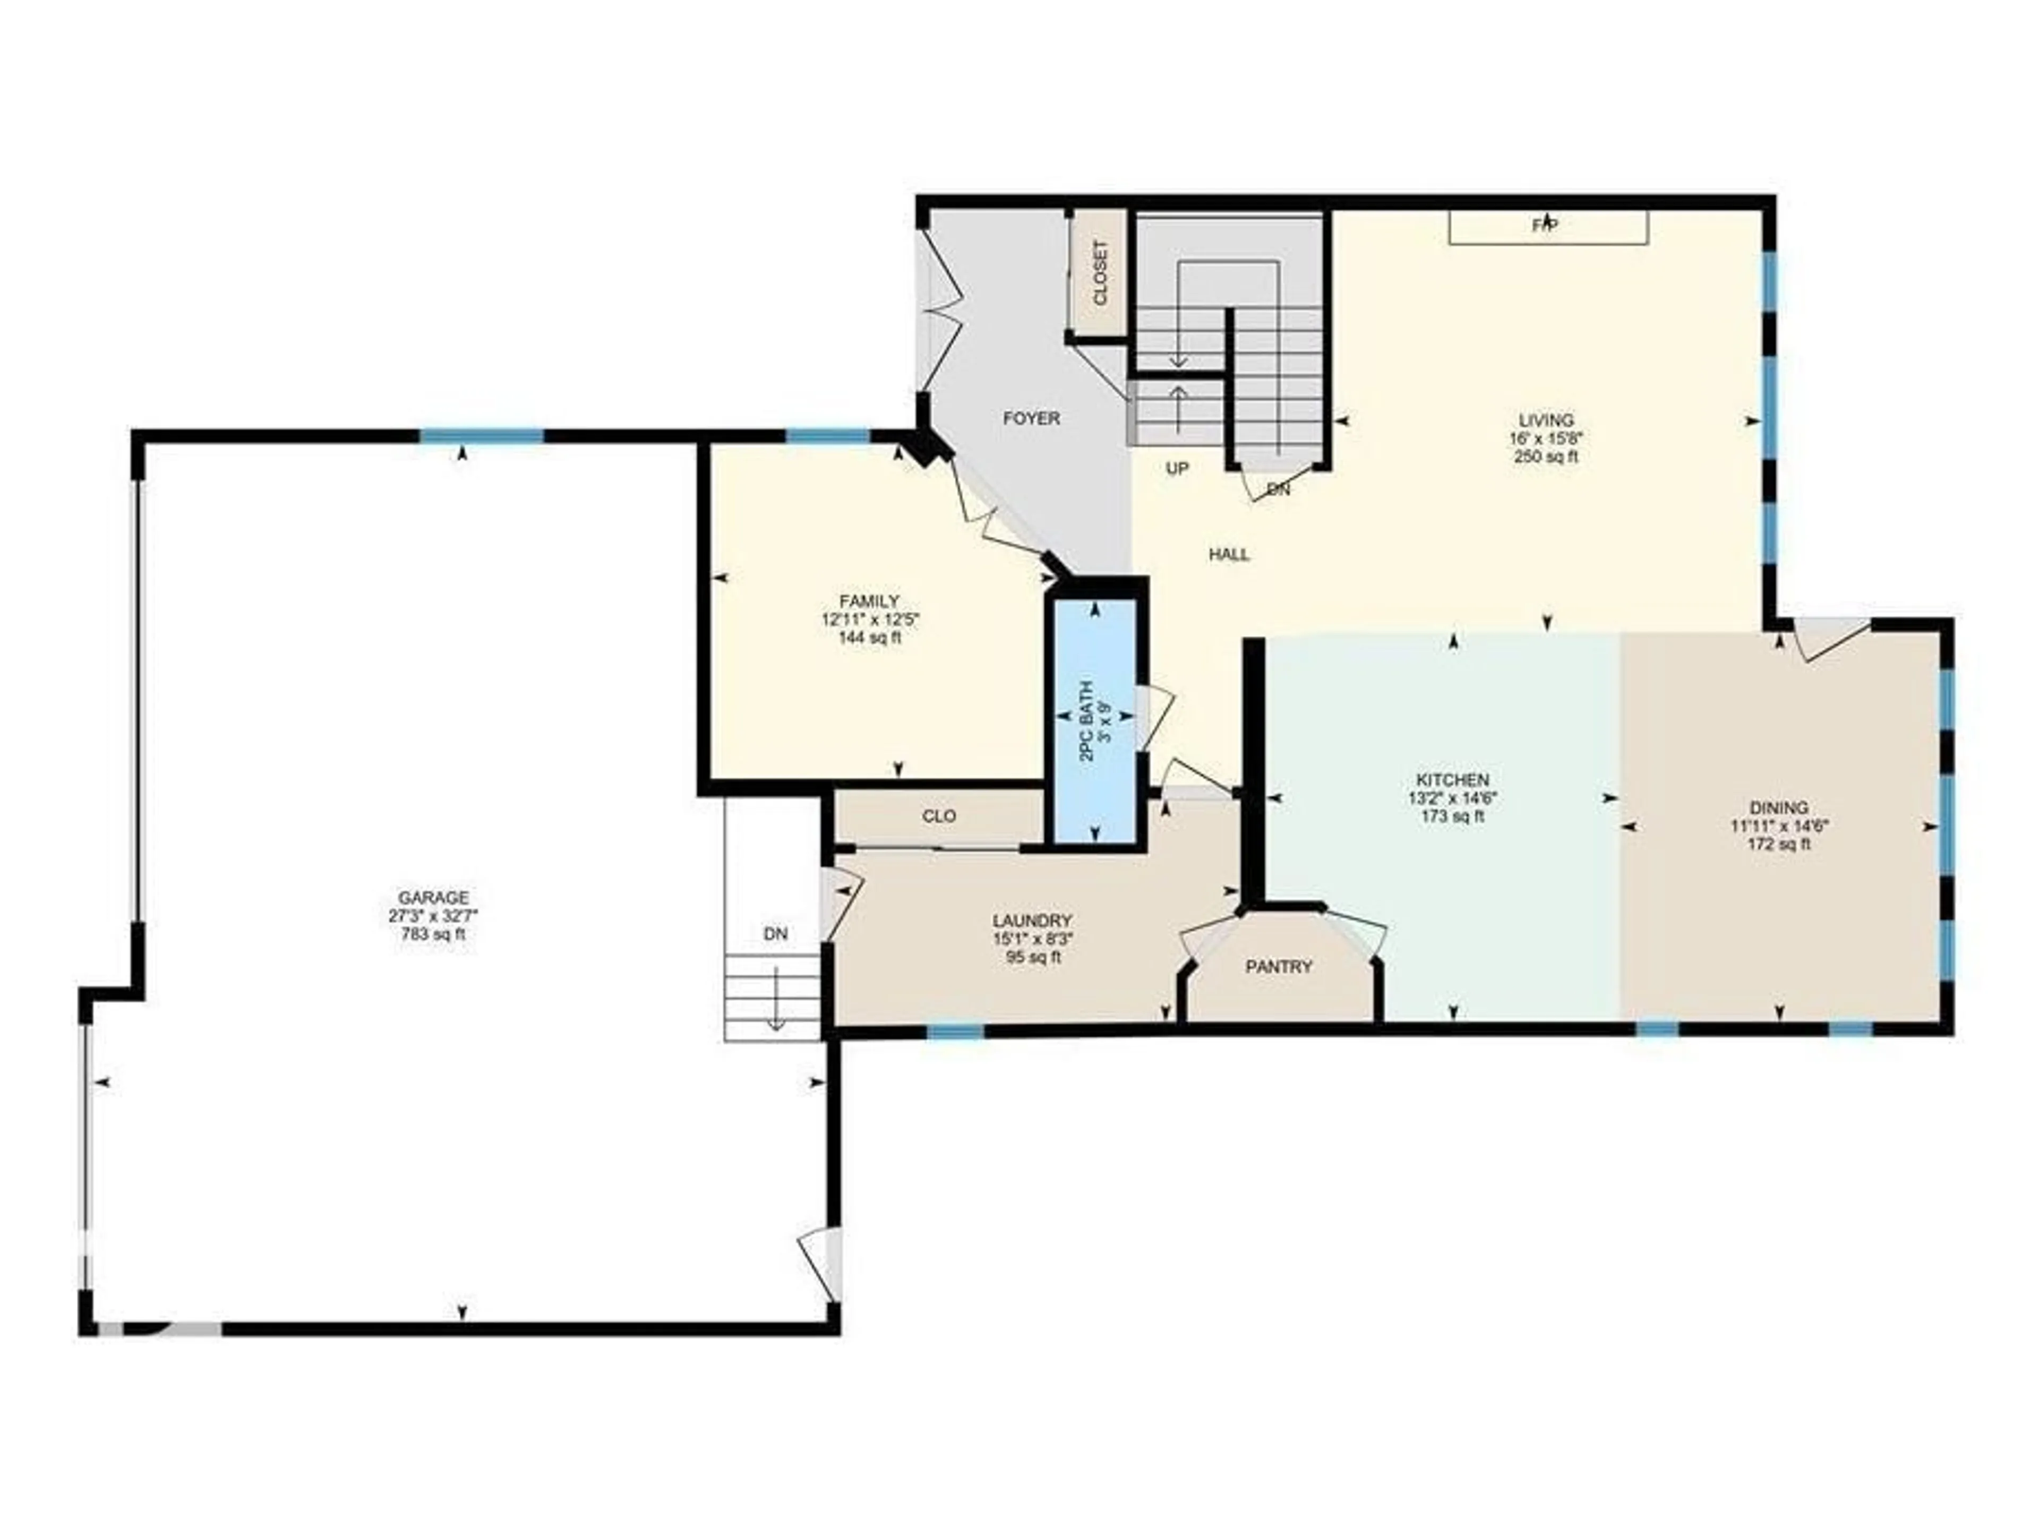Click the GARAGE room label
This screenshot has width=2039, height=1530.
click(433, 897)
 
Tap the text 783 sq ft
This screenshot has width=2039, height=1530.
click(433, 934)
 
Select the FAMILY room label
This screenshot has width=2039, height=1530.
click(869, 601)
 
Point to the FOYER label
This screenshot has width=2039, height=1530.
click(1032, 418)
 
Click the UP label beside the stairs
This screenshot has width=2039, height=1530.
click(1177, 468)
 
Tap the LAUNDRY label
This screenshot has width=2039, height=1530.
click(1032, 921)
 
